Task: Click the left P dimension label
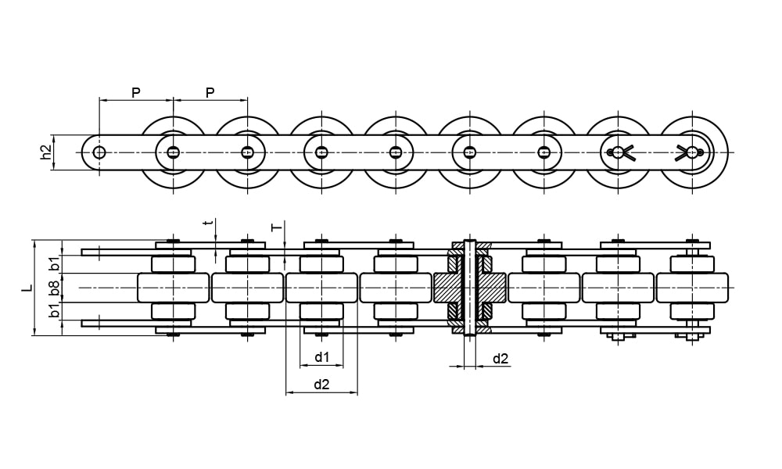(x=135, y=92)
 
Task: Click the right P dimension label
(x=210, y=92)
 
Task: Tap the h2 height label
(x=46, y=152)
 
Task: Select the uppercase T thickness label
(x=275, y=227)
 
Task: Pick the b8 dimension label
(x=54, y=288)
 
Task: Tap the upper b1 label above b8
(x=54, y=263)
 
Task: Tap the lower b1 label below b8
(x=54, y=310)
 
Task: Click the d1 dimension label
(x=321, y=357)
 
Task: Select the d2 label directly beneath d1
(x=321, y=384)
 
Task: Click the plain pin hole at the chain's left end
(x=99, y=152)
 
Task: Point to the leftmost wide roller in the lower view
(x=173, y=288)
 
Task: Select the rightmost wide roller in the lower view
(x=692, y=288)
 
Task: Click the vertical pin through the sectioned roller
(x=470, y=288)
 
